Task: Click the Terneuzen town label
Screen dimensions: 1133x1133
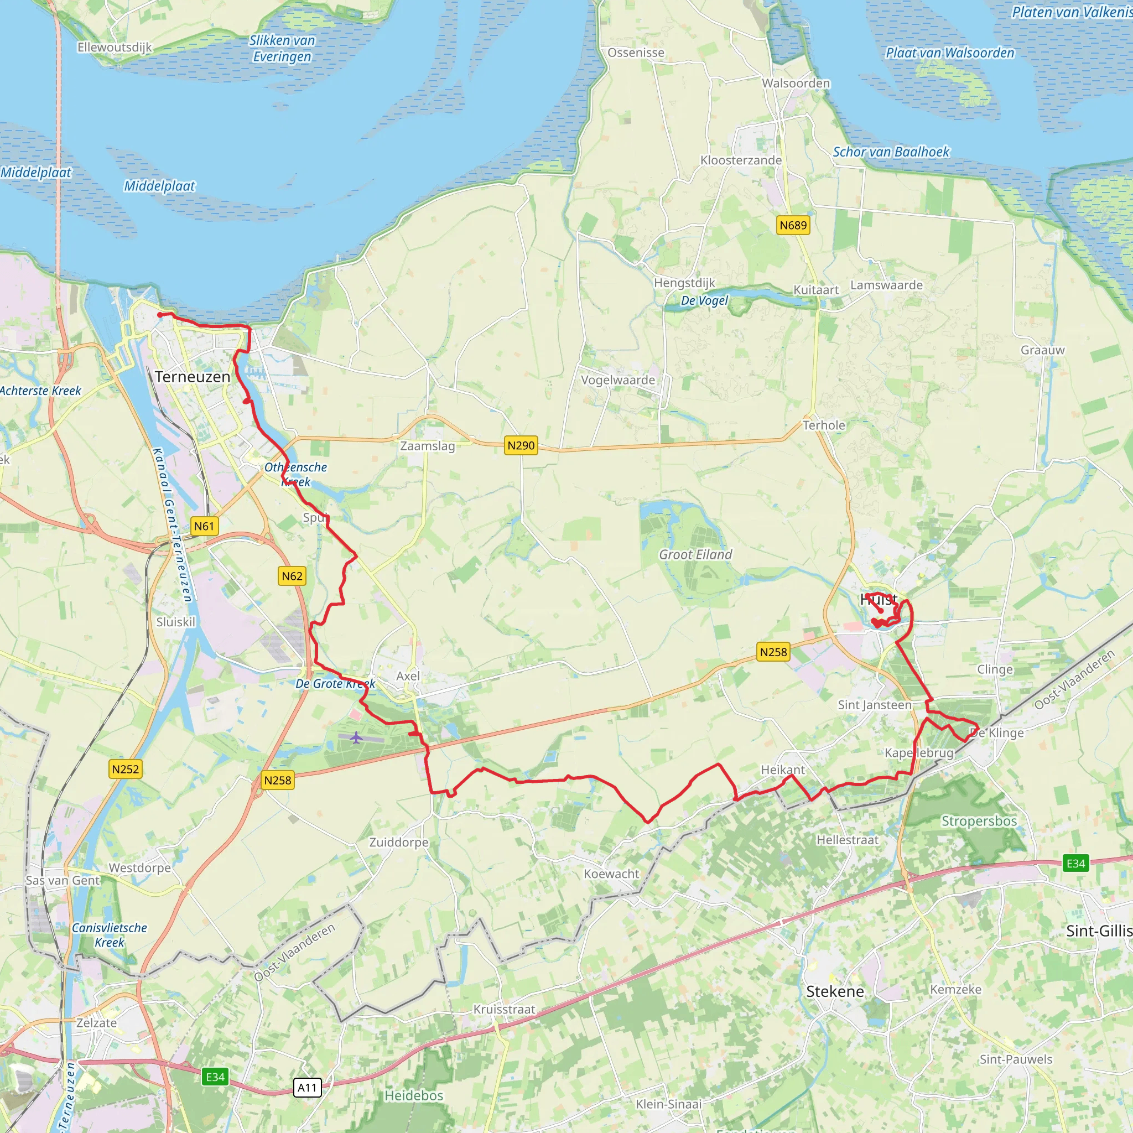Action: [x=193, y=377]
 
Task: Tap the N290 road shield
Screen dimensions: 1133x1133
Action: [x=521, y=445]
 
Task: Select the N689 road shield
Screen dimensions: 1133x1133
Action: [x=793, y=225]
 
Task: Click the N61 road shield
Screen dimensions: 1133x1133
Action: [x=204, y=526]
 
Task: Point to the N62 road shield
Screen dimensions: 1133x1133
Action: [x=292, y=576]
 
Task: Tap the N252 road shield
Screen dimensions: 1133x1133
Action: [x=126, y=769]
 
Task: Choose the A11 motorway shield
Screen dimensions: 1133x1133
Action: [x=307, y=1088]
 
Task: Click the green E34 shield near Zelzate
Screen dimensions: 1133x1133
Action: [x=215, y=1077]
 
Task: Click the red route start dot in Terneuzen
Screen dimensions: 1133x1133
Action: [x=160, y=315]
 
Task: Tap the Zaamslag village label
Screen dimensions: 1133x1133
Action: [x=428, y=446]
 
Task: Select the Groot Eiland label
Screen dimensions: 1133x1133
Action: [x=695, y=554]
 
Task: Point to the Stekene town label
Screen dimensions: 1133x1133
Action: [x=834, y=991]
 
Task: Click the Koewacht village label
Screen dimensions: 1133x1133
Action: [x=611, y=874]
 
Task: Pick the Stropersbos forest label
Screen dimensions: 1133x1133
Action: [x=979, y=820]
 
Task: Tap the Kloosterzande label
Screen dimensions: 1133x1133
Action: [x=741, y=160]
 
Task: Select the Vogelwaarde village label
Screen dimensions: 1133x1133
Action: [x=617, y=380]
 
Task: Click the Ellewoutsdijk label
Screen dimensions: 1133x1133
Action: [x=115, y=47]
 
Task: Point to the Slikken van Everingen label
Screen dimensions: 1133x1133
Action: [x=282, y=48]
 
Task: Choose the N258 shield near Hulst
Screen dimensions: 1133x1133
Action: [x=773, y=652]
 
